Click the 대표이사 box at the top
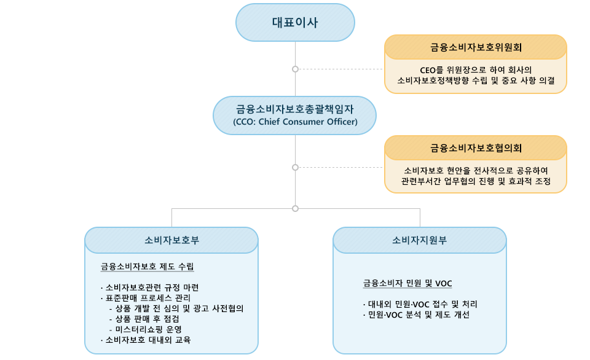coord(295,23)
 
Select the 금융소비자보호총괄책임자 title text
coord(295,109)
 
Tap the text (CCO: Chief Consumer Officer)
coord(295,122)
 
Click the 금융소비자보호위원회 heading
coord(476,47)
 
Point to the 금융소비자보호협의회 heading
coord(476,148)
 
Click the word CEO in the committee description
coord(428,71)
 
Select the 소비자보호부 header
coord(171,240)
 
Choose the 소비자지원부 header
coord(420,240)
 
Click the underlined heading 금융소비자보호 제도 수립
coord(147,267)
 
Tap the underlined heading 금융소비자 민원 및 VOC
coord(407,283)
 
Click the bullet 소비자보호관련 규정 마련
coord(150,288)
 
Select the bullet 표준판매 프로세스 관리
coord(146,299)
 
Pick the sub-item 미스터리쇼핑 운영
coord(146,329)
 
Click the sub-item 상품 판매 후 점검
coord(144,319)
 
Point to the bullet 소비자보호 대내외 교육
coord(146,340)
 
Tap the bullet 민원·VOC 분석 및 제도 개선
coord(416,315)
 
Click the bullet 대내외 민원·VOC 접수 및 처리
coord(420,304)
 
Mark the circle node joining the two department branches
coord(296,208)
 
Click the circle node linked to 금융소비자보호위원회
coord(296,69)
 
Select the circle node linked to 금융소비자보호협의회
coord(296,167)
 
